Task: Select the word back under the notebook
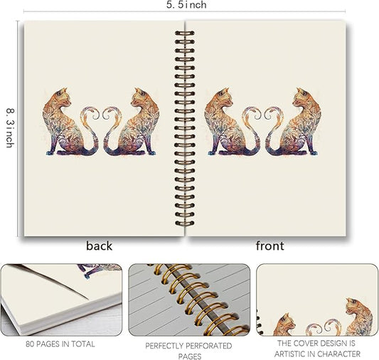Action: coord(100,246)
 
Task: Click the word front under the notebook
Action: coord(269,246)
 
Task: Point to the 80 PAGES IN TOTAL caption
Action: coord(59,344)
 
